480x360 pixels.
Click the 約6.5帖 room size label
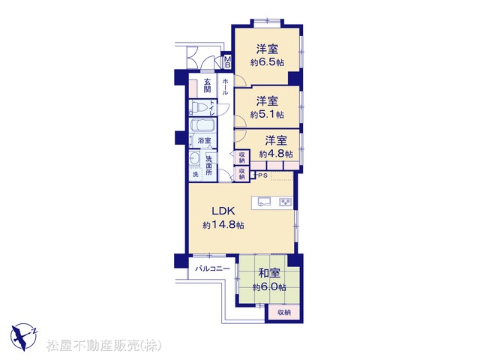point(267,63)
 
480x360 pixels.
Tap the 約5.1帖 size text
point(267,115)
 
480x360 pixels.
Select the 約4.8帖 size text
point(276,154)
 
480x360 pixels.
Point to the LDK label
point(223,211)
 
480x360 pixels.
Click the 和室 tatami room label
point(269,273)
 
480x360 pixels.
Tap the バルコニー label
point(212,268)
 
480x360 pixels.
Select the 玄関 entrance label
point(208,85)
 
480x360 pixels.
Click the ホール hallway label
point(225,87)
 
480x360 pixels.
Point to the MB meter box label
point(228,62)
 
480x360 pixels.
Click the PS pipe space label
point(263,175)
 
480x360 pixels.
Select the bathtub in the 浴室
point(202,125)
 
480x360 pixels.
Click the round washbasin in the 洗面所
point(193,159)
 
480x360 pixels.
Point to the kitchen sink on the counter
point(264,202)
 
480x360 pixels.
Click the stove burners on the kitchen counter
point(285,202)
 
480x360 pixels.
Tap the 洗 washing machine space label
point(195,175)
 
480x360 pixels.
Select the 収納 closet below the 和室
point(283,313)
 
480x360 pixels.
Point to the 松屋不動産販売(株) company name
point(104,346)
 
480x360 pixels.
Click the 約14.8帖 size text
point(223,225)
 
